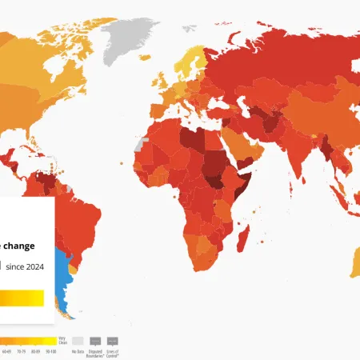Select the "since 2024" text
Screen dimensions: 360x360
24,266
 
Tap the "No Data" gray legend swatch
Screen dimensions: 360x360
78,340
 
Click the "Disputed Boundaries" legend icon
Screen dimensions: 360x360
95,340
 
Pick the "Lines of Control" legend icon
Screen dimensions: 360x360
112,340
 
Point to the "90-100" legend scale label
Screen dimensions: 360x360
52,351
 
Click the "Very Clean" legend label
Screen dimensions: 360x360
52,340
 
